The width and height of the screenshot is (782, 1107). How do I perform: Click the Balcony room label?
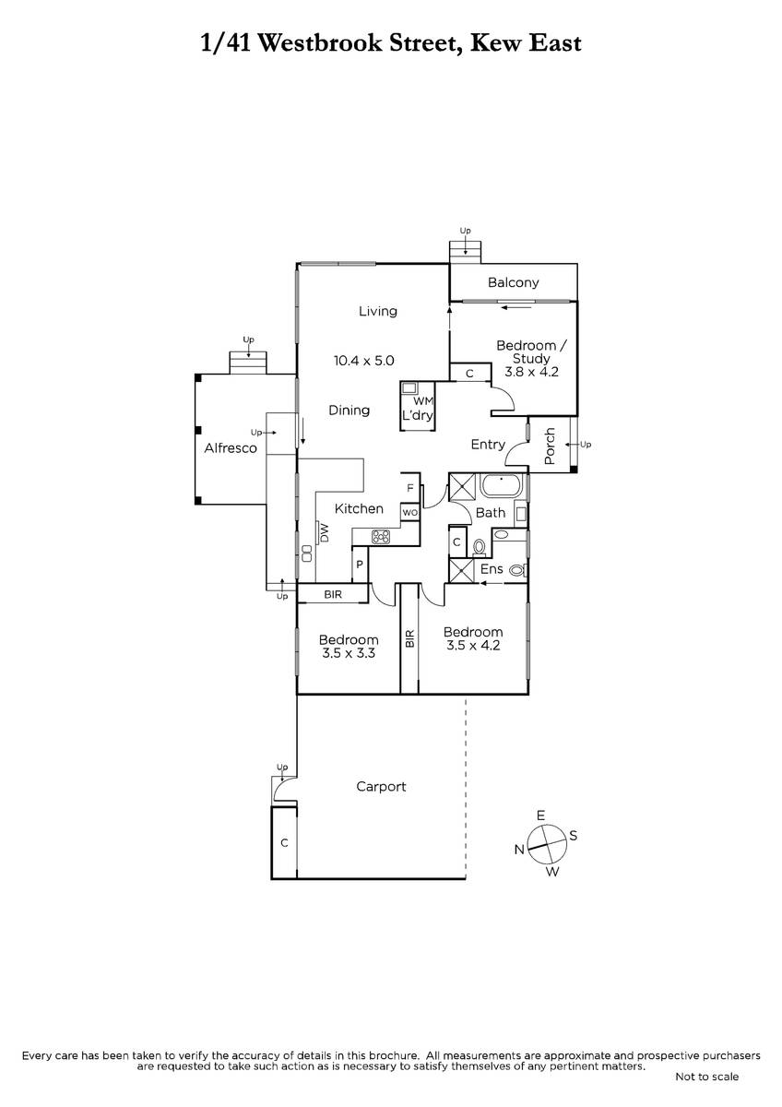tap(513, 282)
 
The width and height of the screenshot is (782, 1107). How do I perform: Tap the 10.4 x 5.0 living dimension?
tap(363, 361)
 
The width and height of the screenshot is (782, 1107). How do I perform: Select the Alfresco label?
tap(231, 448)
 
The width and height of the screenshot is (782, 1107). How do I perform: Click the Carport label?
tap(381, 787)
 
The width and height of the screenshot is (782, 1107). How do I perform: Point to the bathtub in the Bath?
tap(502, 486)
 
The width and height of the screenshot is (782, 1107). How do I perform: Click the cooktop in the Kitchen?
tap(381, 537)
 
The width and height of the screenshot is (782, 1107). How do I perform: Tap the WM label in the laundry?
tap(423, 400)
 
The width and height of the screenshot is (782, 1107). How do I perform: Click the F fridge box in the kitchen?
tap(410, 488)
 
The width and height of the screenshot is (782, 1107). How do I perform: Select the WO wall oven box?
tap(410, 513)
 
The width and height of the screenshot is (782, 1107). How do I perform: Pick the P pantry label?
tap(360, 565)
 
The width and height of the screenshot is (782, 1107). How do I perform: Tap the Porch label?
tap(550, 446)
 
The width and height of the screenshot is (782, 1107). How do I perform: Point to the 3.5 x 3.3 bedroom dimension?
tap(349, 653)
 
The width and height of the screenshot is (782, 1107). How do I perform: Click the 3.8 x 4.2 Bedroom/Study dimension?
tap(531, 372)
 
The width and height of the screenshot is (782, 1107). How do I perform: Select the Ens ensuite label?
tap(492, 569)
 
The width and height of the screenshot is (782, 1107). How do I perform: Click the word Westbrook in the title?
tap(320, 43)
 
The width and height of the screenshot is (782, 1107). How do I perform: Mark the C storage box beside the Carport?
tap(284, 842)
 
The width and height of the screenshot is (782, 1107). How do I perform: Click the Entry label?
tap(488, 445)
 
